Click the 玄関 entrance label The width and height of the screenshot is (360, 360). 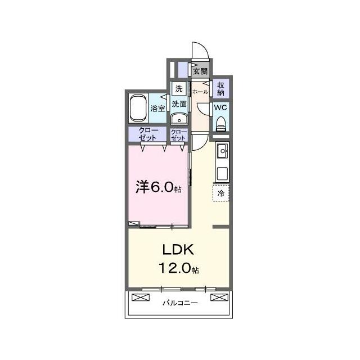coord(200,71)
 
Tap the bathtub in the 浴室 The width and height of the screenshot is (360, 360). coord(139,107)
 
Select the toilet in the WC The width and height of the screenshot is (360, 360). coord(221,124)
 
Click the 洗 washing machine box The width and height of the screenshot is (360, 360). coord(179,88)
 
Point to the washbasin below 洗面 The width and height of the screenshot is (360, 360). coord(179,119)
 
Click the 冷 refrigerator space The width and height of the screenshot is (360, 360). coord(221,193)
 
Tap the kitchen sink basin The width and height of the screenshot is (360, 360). coord(223,151)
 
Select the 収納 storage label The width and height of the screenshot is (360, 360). coord(221,89)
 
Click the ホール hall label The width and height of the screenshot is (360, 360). coord(200,92)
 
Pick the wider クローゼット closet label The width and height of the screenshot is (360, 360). coord(148,134)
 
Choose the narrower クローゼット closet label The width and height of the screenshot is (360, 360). coord(179,135)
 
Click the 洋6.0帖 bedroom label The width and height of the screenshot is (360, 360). coord(159,187)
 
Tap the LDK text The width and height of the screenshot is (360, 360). coord(178,250)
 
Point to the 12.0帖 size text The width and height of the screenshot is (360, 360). coord(179,268)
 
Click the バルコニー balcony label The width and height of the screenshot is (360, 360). coord(180,303)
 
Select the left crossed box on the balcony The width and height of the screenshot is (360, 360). coord(141,298)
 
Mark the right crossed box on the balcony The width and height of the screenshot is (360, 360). coord(219,298)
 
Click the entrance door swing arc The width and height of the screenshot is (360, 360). coord(205,47)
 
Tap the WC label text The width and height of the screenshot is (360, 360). coord(220,107)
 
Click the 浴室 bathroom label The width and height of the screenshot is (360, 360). coord(157,109)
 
